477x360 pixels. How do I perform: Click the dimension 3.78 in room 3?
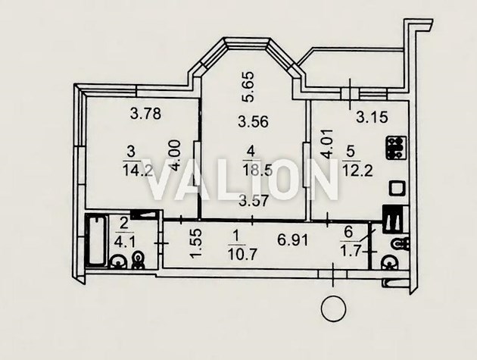(x=145, y=114)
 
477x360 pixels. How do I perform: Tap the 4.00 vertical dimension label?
(x=176, y=155)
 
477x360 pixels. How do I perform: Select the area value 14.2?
(x=138, y=170)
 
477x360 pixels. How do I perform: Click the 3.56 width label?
(x=253, y=122)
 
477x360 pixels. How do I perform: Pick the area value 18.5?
(x=257, y=171)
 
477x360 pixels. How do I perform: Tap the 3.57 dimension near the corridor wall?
(x=254, y=201)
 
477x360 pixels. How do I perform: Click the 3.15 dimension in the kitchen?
(x=372, y=117)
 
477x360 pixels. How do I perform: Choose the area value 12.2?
(x=357, y=171)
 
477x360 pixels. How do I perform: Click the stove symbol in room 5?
(x=397, y=148)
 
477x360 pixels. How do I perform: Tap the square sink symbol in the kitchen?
(x=398, y=189)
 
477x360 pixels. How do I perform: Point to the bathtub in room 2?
(x=96, y=241)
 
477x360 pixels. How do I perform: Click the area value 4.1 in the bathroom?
(x=124, y=243)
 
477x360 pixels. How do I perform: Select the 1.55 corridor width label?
(x=196, y=243)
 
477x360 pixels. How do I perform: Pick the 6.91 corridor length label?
(x=292, y=240)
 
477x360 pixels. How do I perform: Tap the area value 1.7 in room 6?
(x=351, y=252)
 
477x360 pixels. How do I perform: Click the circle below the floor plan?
(x=333, y=308)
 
